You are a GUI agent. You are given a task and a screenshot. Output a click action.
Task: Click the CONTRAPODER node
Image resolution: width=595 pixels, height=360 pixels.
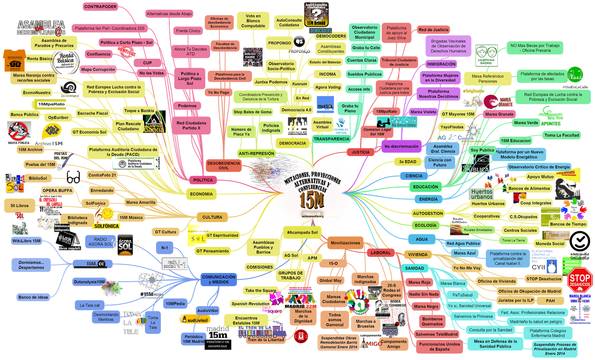[x=100, y=7]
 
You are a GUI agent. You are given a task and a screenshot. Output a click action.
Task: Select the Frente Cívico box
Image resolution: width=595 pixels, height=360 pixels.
[x=188, y=31]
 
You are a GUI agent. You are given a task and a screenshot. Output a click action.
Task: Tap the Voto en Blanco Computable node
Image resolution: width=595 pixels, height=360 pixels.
[x=253, y=21]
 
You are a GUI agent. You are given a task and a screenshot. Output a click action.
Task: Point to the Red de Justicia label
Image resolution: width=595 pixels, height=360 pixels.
[x=433, y=30]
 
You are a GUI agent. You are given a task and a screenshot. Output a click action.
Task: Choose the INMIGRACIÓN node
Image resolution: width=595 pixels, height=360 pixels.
[x=441, y=64]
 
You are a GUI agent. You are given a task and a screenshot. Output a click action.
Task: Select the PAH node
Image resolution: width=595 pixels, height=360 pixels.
[x=550, y=301]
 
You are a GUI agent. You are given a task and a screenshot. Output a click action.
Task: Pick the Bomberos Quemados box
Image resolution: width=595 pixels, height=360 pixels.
[x=432, y=321]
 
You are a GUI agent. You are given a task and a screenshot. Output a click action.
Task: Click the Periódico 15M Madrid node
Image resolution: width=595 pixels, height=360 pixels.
[x=193, y=339]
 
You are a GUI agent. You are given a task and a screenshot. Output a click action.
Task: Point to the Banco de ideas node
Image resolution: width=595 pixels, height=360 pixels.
[x=33, y=297]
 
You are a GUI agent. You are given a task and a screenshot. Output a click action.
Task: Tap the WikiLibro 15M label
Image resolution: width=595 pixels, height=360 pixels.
[x=26, y=241]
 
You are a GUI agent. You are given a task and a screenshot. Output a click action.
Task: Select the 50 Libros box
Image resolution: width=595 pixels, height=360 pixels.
[x=19, y=206]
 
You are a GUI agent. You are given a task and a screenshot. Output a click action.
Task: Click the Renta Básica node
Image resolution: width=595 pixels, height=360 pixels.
[x=39, y=59]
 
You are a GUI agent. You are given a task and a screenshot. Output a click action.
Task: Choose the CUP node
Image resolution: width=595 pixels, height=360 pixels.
[x=147, y=63]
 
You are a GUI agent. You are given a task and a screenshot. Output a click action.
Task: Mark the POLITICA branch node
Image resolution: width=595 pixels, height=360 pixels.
[x=203, y=180]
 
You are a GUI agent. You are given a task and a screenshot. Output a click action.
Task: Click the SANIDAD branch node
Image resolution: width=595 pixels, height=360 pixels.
[x=414, y=268]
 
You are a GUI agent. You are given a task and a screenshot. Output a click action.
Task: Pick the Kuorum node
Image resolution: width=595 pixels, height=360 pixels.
[x=299, y=84]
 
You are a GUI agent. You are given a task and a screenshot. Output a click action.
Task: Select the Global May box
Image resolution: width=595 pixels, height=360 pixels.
[x=330, y=280]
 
